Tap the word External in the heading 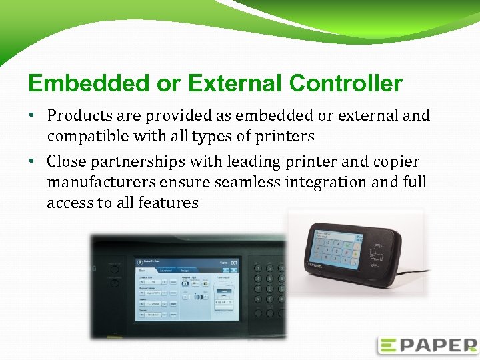236,84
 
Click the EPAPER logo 427,345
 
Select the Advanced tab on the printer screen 165,271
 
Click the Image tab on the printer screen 185,271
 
